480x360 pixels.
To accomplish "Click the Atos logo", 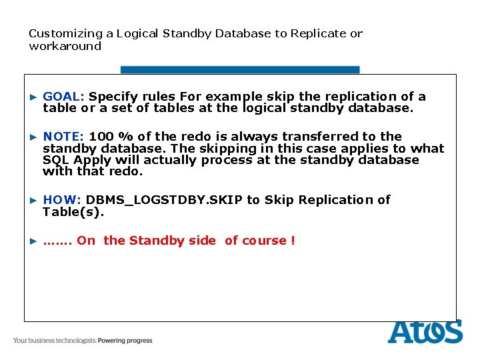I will [425, 332].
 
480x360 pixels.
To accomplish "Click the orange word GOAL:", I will [64, 97].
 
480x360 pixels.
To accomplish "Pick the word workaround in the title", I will [65, 47].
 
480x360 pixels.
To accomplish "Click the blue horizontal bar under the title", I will [240, 69].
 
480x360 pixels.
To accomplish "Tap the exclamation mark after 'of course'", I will [293, 241].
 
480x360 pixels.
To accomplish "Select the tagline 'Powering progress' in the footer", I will [125, 341].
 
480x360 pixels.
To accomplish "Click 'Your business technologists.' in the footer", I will [55, 341].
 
